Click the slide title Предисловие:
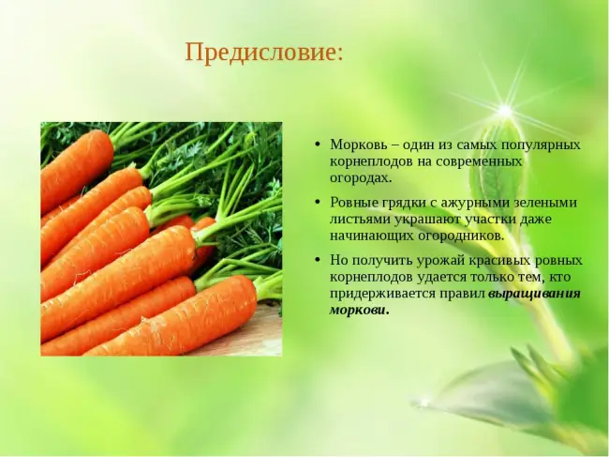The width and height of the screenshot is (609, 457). pyautogui.click(x=264, y=53)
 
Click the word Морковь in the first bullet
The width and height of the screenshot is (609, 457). pyautogui.click(x=359, y=145)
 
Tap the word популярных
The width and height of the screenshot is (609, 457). pyautogui.click(x=541, y=145)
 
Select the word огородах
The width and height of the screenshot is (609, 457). pyautogui.click(x=359, y=178)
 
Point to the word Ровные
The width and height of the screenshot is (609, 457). pyautogui.click(x=354, y=203)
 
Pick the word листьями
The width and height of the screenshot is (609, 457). pyautogui.click(x=360, y=220)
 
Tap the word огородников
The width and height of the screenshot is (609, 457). pyautogui.click(x=461, y=236)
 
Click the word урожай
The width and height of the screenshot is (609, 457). pyautogui.click(x=441, y=261)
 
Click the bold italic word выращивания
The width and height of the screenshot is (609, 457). pyautogui.click(x=534, y=294)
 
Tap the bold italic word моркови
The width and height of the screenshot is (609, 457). pyautogui.click(x=359, y=311)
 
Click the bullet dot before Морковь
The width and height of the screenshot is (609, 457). pyautogui.click(x=319, y=145)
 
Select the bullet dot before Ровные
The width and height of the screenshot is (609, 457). pyautogui.click(x=319, y=203)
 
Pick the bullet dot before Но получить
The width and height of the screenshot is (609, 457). pyautogui.click(x=319, y=260)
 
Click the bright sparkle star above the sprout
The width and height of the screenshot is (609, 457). pyautogui.click(x=504, y=112)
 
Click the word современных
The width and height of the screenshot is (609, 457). pyautogui.click(x=480, y=161)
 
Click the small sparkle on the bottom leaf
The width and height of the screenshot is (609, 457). pyautogui.click(x=424, y=402)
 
